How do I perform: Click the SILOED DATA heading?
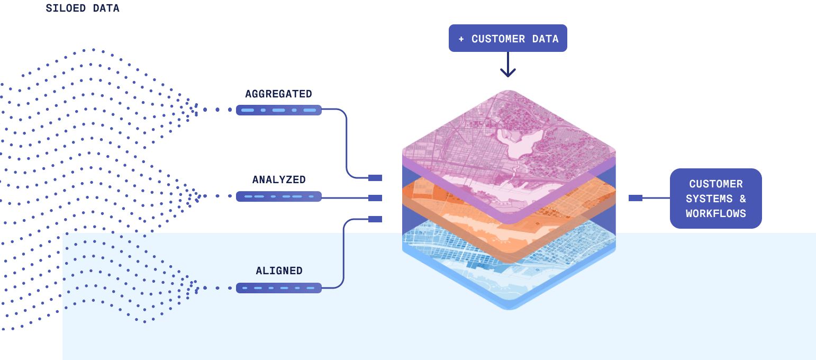(82, 8)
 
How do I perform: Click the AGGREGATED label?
(278, 94)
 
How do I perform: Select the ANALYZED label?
(279, 179)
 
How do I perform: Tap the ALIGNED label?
(279, 271)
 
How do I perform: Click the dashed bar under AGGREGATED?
(278, 110)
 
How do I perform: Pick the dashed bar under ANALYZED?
(278, 196)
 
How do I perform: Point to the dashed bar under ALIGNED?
(278, 288)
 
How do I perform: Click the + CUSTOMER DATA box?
(507, 39)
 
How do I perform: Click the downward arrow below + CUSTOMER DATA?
(507, 66)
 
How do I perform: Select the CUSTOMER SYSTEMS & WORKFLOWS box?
(715, 199)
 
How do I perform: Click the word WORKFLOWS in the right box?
(715, 213)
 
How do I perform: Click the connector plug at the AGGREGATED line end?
(375, 178)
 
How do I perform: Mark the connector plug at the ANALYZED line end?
(375, 198)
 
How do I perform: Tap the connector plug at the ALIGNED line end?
(375, 219)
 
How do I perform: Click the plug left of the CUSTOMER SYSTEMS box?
(636, 198)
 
